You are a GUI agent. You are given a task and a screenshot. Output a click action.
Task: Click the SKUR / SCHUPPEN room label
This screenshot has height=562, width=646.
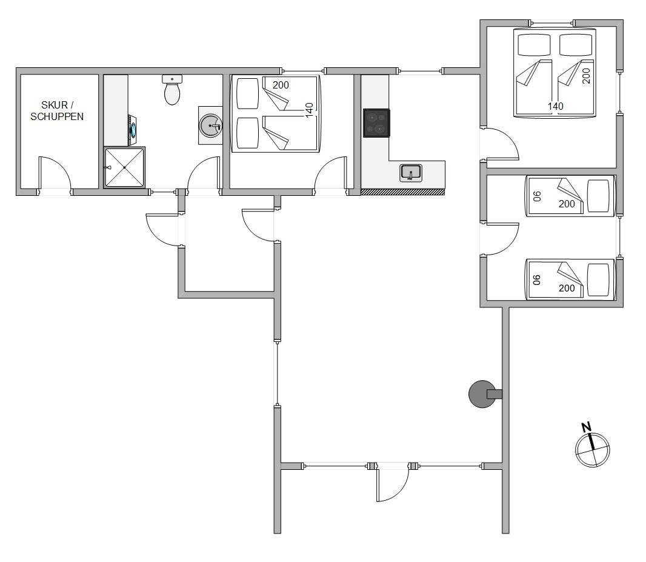[57, 111]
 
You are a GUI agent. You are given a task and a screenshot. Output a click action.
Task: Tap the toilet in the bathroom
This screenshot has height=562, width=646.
[172, 90]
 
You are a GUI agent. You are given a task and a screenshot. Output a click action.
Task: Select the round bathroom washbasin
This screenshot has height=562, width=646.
[210, 125]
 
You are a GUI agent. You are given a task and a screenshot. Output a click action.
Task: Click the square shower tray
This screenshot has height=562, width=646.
[124, 168]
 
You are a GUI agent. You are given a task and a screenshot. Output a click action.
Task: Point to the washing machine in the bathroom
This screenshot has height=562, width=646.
[132, 130]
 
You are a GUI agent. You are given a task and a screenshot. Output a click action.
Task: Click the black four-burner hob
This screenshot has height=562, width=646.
[376, 123]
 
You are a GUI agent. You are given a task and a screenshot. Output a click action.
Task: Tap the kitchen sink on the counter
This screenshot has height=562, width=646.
[411, 173]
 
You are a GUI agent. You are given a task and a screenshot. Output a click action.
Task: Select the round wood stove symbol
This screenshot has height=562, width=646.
[483, 394]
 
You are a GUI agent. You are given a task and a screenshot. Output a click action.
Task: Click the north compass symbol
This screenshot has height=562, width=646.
[592, 449]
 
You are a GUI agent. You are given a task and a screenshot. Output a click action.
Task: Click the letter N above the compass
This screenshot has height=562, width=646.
[586, 427]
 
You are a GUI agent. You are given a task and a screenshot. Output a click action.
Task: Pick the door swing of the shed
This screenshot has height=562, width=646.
[55, 173]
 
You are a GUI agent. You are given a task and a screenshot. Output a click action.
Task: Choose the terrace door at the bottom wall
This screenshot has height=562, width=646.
[393, 484]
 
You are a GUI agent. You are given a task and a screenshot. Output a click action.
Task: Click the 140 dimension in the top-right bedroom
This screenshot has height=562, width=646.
[555, 106]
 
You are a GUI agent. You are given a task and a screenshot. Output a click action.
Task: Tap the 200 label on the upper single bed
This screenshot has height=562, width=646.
[567, 204]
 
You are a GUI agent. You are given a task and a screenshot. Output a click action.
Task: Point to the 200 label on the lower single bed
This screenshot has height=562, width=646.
[567, 289]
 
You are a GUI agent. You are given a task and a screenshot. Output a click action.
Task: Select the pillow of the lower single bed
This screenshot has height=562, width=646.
[598, 279]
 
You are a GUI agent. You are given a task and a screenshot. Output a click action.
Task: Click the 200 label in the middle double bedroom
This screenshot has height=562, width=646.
[281, 85]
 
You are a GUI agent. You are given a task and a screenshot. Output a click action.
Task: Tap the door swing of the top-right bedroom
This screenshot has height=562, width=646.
[502, 144]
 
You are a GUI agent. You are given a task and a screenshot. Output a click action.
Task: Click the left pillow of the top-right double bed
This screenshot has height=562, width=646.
[534, 44]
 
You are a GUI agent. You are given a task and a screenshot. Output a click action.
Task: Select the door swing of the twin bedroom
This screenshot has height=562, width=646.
[502, 239]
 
